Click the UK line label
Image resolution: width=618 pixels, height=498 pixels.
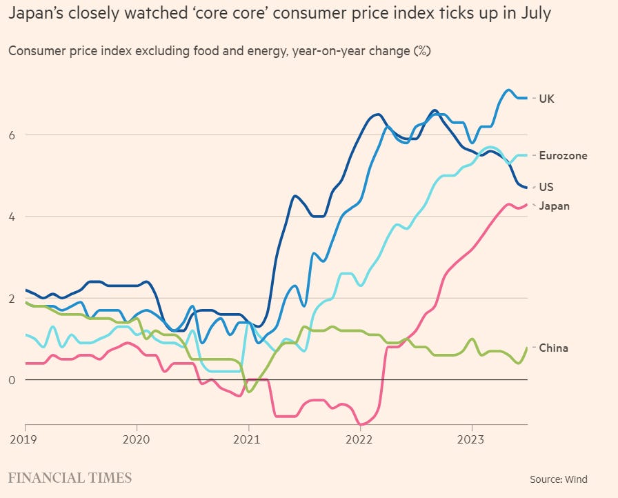[x=546, y=99]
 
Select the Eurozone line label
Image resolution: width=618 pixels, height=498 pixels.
[x=563, y=156]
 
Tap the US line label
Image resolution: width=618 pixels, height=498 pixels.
[x=546, y=187]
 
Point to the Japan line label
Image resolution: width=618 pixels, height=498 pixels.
[x=554, y=206]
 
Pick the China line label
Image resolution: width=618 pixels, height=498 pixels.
[x=553, y=348]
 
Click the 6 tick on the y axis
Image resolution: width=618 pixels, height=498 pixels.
[x=12, y=135]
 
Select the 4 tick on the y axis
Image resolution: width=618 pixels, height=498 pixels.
[x=12, y=217]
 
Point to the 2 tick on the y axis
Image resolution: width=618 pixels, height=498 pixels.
[x=12, y=298]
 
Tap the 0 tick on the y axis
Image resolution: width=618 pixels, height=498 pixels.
[x=12, y=380]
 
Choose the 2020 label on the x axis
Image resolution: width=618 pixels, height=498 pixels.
[x=137, y=439]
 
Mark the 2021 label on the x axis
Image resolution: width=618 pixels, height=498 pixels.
[x=248, y=439]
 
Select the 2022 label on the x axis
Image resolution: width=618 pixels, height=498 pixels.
[x=360, y=439]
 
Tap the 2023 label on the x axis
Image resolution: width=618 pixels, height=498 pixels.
[x=472, y=439]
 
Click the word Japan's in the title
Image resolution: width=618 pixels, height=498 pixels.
[x=34, y=14]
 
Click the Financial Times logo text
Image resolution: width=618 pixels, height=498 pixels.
[x=70, y=477]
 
